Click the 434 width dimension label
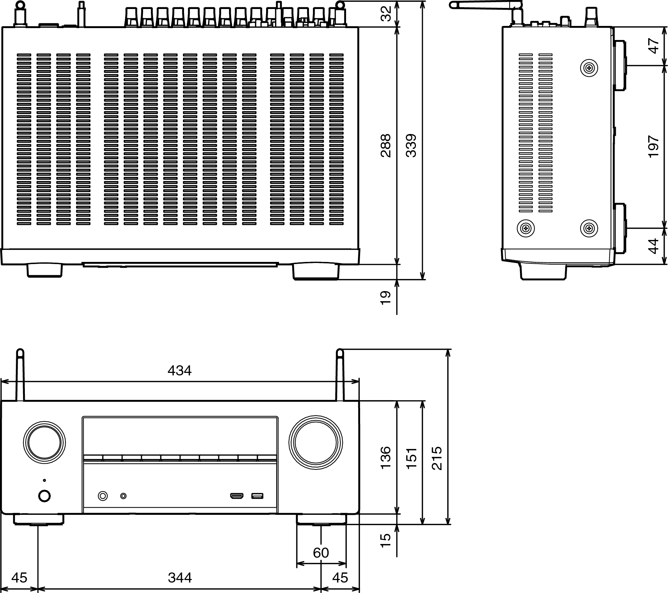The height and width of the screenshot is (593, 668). tap(179, 370)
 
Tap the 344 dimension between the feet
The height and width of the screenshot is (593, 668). tap(180, 578)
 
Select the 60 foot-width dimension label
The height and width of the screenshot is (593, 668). tap(321, 553)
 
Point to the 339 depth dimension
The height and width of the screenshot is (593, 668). tap(411, 146)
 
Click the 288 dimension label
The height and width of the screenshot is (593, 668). tap(386, 146)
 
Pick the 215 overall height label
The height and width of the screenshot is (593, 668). tap(436, 458)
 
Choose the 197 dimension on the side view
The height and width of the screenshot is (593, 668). tap(653, 147)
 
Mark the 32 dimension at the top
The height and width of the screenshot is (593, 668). tap(386, 14)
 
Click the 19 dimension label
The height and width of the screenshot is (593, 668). tap(386, 298)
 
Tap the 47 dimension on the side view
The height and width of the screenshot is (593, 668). tap(653, 46)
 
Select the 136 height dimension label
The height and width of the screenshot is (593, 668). tap(386, 458)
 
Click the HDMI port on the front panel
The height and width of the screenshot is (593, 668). tap(237, 496)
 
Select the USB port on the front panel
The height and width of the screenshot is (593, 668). tap(257, 496)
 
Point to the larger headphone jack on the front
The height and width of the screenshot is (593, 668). tap(103, 496)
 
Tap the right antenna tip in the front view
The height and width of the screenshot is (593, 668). tap(339, 353)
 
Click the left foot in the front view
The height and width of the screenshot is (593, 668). tap(39, 519)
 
